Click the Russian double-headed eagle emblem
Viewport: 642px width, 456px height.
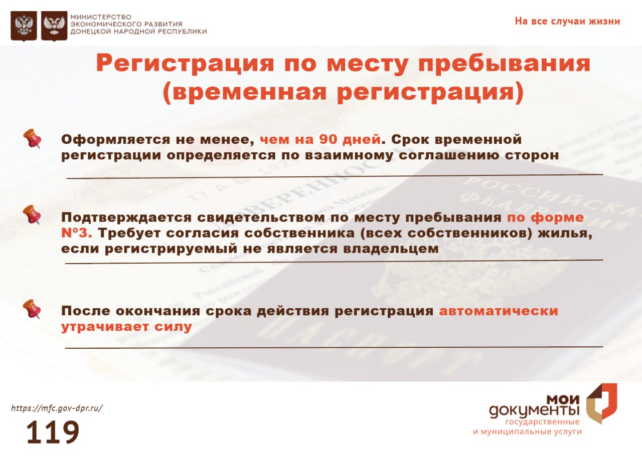pyautogui.click(x=24, y=26)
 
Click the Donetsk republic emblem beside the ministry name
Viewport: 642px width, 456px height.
pyautogui.click(x=54, y=26)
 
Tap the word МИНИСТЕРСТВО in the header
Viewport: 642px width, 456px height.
pyautogui.click(x=101, y=17)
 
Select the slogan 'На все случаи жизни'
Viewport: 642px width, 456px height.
pyautogui.click(x=567, y=22)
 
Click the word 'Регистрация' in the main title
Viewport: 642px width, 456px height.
pyautogui.click(x=185, y=64)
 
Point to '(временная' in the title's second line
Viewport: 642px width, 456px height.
pyautogui.click(x=244, y=92)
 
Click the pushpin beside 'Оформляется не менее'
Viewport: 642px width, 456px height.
pyautogui.click(x=32, y=138)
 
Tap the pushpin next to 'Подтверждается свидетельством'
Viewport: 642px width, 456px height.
pyautogui.click(x=32, y=214)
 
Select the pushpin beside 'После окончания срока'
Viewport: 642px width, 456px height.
pyautogui.click(x=32, y=309)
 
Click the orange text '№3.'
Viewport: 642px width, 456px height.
pyautogui.click(x=77, y=233)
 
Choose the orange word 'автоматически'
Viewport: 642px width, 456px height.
pyautogui.click(x=499, y=311)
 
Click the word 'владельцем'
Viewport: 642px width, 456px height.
pyautogui.click(x=391, y=249)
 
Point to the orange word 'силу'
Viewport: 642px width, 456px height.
pyautogui.click(x=173, y=327)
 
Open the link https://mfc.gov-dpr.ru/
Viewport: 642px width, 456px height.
pyautogui.click(x=57, y=408)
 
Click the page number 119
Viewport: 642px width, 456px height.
pyautogui.click(x=53, y=432)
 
